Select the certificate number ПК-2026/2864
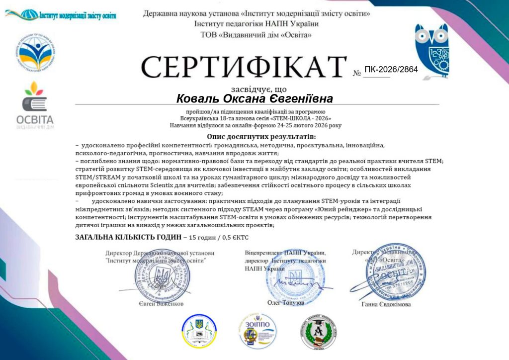(x=391, y=69)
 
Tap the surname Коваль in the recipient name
(x=198, y=98)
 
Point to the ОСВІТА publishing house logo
(x=35, y=104)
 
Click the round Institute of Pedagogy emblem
(x=35, y=52)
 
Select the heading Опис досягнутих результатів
(x=261, y=136)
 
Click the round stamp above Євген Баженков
(x=156, y=273)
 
